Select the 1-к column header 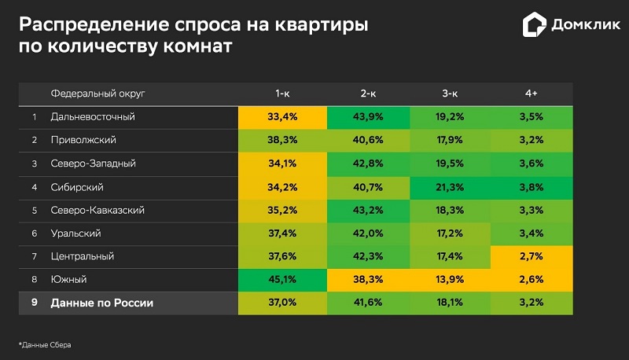tap(283, 94)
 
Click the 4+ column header tap(532, 94)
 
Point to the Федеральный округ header tap(98, 94)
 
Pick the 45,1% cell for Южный tap(283, 280)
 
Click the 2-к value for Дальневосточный tap(368, 117)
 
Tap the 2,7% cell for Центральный tap(532, 256)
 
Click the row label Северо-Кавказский tap(97, 211)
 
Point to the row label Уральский tap(75, 233)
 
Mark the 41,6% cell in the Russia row tap(368, 303)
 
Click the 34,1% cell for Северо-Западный tap(283, 163)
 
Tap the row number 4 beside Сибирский tap(34, 187)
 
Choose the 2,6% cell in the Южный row tap(532, 280)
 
